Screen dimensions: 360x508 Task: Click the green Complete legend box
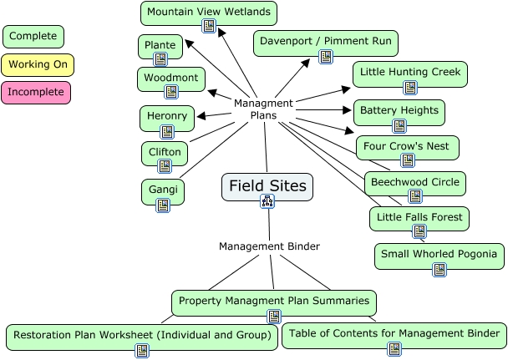[33, 37]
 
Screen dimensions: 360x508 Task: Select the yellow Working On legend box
[38, 64]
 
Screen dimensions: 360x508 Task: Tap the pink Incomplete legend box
[37, 92]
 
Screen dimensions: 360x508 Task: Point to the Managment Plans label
[263, 109]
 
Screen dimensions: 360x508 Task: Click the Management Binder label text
[269, 246]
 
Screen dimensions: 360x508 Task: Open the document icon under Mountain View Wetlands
[210, 27]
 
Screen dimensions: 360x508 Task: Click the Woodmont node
[170, 79]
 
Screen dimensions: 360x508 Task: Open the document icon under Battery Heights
[399, 126]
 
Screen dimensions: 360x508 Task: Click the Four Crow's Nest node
[407, 148]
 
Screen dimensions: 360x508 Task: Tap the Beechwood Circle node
[414, 184]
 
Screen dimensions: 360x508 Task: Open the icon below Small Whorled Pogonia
[439, 269]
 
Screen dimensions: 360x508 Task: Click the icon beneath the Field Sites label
[267, 200]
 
